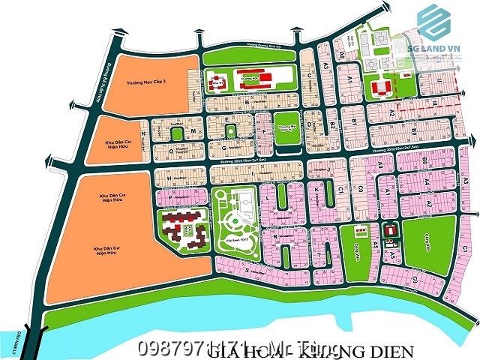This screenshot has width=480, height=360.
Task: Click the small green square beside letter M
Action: click(x=177, y=133)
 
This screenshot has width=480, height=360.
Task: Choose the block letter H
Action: click(x=169, y=177)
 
